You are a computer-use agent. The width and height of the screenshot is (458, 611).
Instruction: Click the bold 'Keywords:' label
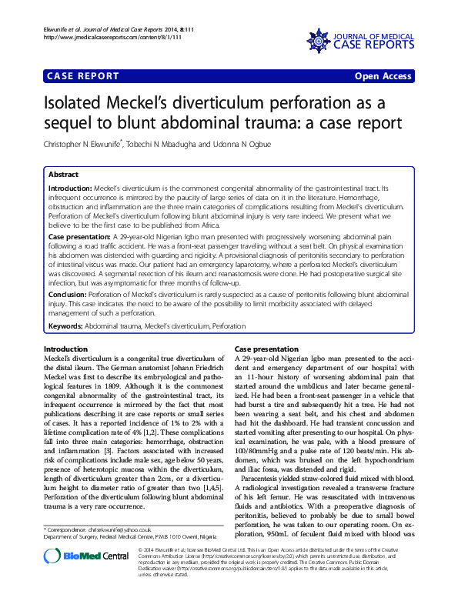click(65, 326)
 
